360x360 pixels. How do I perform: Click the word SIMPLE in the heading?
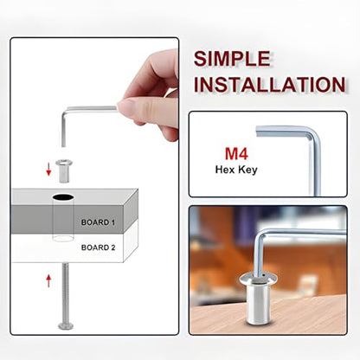click(x=232, y=59)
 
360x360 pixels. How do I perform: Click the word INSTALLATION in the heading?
click(x=269, y=84)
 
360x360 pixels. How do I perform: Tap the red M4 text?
click(x=236, y=154)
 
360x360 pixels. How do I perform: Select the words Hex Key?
click(x=236, y=170)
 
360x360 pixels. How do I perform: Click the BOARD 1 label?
click(x=98, y=222)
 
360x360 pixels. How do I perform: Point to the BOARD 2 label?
click(x=98, y=247)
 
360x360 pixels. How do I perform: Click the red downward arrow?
click(x=48, y=169)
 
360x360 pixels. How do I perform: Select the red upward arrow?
click(x=48, y=280)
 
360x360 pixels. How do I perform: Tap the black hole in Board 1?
click(x=63, y=197)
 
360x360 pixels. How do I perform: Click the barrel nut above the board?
click(x=64, y=170)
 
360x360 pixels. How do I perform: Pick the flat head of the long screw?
click(x=66, y=326)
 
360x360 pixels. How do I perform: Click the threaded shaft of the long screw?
click(x=66, y=292)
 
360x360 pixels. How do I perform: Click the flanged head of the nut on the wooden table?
click(x=258, y=279)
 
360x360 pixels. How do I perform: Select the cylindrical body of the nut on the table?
click(x=259, y=304)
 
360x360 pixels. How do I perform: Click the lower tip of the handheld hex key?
click(x=63, y=145)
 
